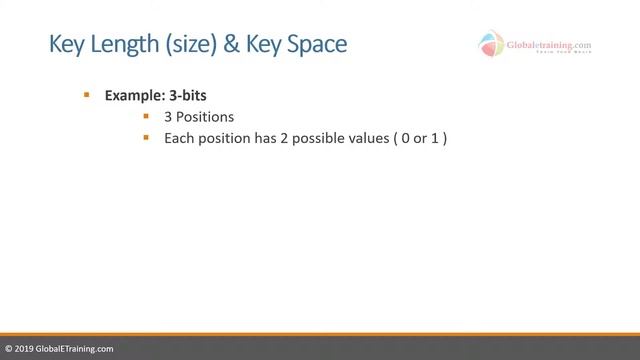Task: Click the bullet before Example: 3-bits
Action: click(87, 95)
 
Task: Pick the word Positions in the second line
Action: click(205, 117)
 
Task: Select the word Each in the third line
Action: click(177, 138)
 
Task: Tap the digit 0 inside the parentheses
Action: click(404, 138)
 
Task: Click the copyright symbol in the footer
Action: click(9, 349)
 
